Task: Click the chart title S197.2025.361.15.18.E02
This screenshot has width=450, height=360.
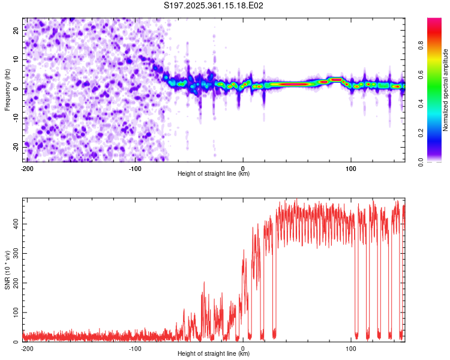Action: coord(214,6)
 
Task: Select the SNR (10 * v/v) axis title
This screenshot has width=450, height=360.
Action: coord(8,269)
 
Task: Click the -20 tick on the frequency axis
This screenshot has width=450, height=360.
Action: coord(15,147)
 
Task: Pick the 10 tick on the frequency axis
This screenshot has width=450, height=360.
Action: coord(16,59)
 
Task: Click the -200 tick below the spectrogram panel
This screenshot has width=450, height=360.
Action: coord(27,168)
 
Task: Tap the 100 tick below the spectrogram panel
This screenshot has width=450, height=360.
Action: coord(350,168)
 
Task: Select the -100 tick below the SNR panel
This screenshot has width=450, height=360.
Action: coord(135,348)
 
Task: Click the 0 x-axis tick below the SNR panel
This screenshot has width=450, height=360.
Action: coord(243,348)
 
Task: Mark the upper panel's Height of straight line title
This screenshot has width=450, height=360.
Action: coord(214,174)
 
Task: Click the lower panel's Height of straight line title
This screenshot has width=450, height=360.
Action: coord(214,354)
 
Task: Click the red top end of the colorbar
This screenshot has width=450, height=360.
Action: coord(434,21)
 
